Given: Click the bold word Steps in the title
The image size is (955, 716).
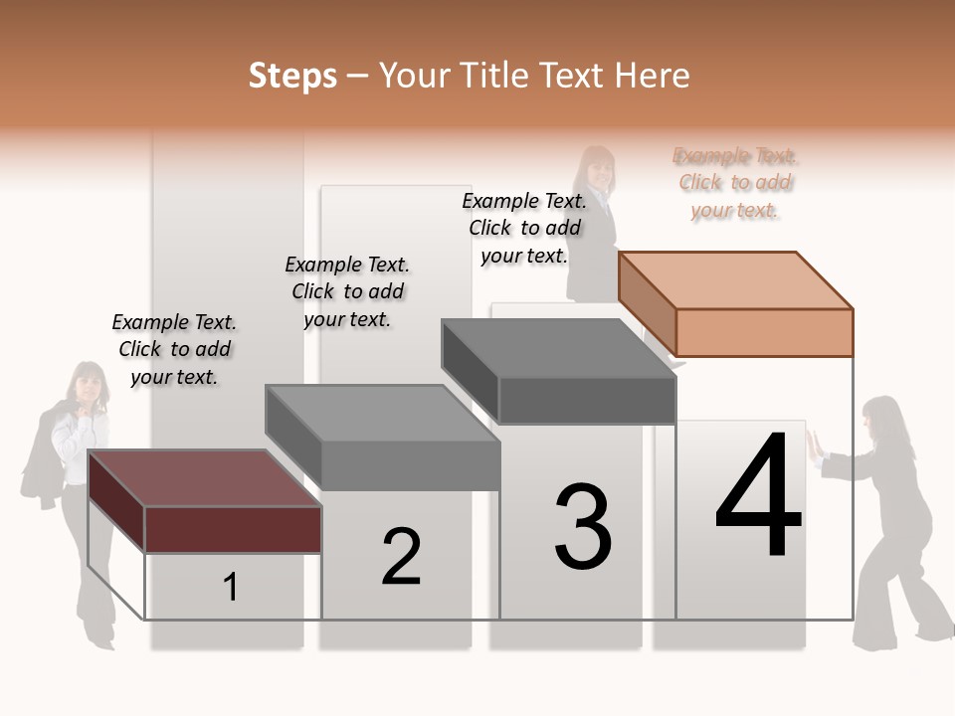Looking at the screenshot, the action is click(x=292, y=76).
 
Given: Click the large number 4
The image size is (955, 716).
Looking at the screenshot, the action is click(x=759, y=496).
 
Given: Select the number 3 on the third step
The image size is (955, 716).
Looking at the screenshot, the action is click(x=583, y=527).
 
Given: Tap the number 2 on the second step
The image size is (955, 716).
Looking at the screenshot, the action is click(x=402, y=557).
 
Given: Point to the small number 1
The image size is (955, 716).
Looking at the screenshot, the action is click(x=231, y=588).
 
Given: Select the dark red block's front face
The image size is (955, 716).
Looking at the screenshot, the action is click(x=233, y=529).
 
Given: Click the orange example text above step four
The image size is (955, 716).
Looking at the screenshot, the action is click(x=735, y=182).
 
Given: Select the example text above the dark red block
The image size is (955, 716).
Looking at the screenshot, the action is click(x=174, y=349).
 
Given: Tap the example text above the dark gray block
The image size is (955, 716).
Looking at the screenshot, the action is click(x=524, y=228).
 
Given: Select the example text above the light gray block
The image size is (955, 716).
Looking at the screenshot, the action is click(x=347, y=291).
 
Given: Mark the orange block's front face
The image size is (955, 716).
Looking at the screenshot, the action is click(x=764, y=332).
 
